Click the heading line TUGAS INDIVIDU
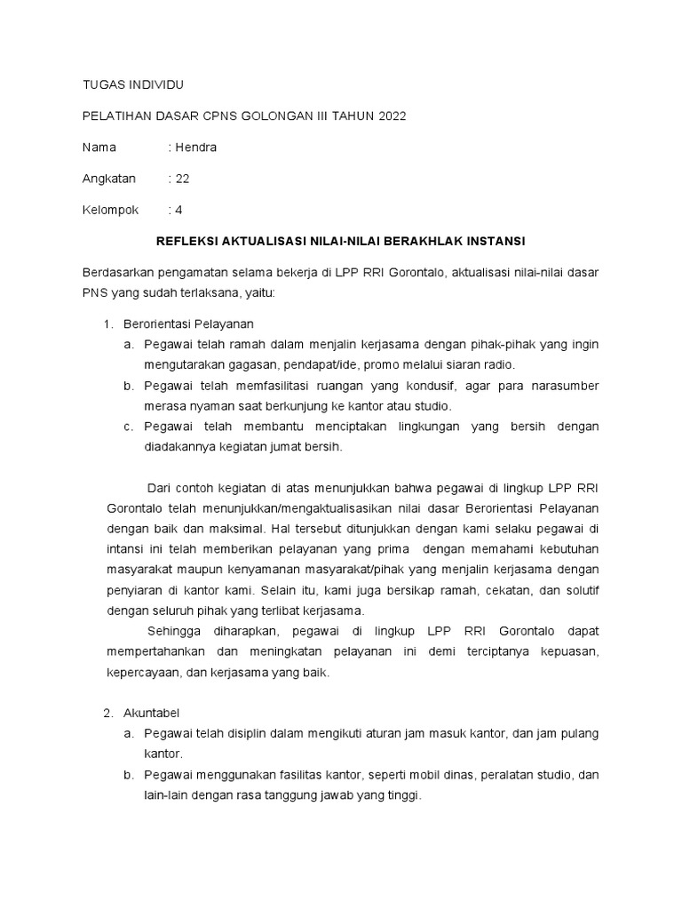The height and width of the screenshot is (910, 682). tap(132, 84)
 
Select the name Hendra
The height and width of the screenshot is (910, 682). tap(195, 148)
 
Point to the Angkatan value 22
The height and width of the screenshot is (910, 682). tap(182, 179)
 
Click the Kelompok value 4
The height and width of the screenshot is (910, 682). tap(178, 211)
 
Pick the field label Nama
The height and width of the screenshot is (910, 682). tap(99, 148)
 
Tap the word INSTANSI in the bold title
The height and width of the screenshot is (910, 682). tap(494, 241)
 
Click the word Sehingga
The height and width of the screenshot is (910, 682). tap(173, 631)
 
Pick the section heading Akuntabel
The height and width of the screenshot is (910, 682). tap(152, 713)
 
